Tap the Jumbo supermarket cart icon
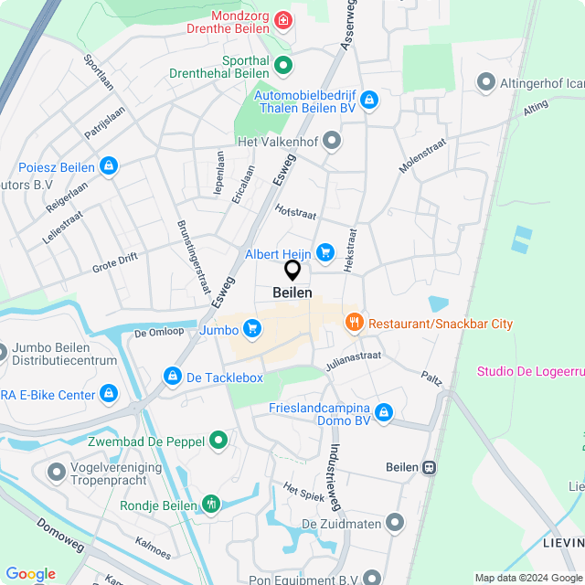pyautogui.click(x=252, y=330)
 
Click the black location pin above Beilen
pyautogui.click(x=292, y=271)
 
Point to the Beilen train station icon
pyautogui.click(x=429, y=467)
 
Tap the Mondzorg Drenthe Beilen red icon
pyautogui.click(x=284, y=20)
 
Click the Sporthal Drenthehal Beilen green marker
pyautogui.click(x=283, y=65)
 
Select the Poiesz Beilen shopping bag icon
pyautogui.click(x=109, y=166)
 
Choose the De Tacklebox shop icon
pyautogui.click(x=172, y=377)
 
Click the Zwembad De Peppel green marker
pyautogui.click(x=218, y=441)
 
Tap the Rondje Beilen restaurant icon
pyautogui.click(x=212, y=504)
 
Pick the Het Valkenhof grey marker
pyautogui.click(x=332, y=141)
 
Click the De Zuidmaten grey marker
pyautogui.click(x=395, y=522)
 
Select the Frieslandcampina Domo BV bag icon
pyautogui.click(x=384, y=413)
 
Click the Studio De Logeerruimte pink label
pyautogui.click(x=530, y=371)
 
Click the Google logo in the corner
pyautogui.click(x=29, y=574)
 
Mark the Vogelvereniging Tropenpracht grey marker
pyautogui.click(x=55, y=473)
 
